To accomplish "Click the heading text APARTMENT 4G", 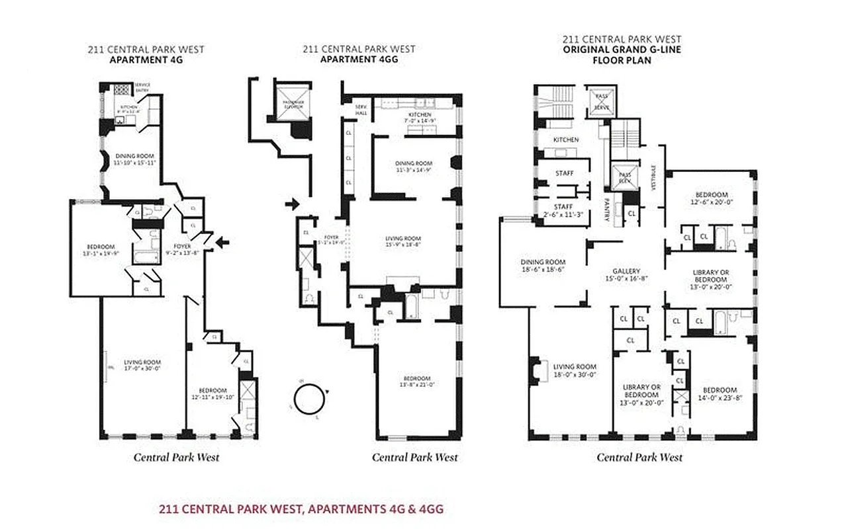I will [146, 60].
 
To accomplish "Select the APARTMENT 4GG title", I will [359, 59].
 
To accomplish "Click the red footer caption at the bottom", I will [301, 509].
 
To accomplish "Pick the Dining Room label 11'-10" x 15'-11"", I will [135, 159].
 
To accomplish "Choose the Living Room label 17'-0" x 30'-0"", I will [142, 366].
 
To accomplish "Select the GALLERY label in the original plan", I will [626, 275].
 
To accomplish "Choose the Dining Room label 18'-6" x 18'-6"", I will [542, 266].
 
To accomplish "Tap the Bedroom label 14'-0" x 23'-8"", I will [720, 394].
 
